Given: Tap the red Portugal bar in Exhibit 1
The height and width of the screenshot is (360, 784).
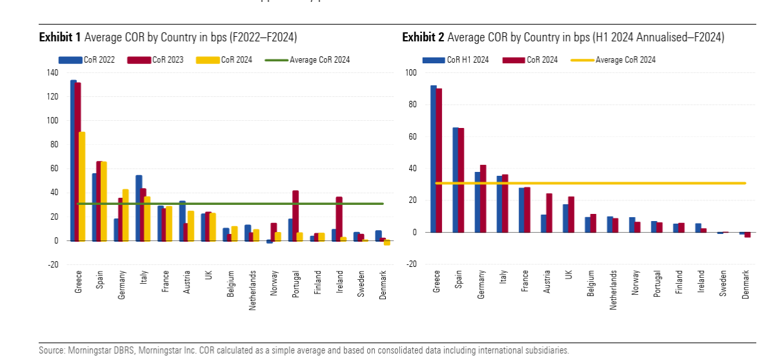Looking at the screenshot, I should pyautogui.click(x=295, y=215).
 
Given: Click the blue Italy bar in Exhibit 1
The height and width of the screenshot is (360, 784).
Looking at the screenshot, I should pyautogui.click(x=139, y=207).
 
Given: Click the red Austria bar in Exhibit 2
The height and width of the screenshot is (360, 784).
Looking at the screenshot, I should pyautogui.click(x=549, y=213).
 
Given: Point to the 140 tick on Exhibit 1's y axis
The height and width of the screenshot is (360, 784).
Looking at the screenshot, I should pyautogui.click(x=52, y=73).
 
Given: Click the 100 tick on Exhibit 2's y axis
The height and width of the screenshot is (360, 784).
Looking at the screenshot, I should pyautogui.click(x=412, y=73).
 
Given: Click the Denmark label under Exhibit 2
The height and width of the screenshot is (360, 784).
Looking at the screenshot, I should pyautogui.click(x=746, y=284).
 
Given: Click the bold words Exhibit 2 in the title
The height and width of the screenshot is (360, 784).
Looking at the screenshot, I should pyautogui.click(x=423, y=37).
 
